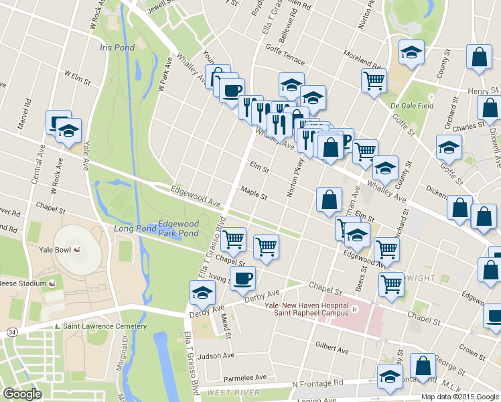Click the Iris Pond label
tap(117, 48)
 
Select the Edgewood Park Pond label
tap(178, 228)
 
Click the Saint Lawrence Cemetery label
tap(104, 326)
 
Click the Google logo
tap(22, 394)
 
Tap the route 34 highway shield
tap(13, 331)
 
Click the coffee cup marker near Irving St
tap(242, 277)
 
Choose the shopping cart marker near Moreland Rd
tap(374, 80)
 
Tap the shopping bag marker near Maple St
tap(329, 200)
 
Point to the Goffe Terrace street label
tap(285, 49)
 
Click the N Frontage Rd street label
tap(317, 384)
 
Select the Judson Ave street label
tap(216, 356)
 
